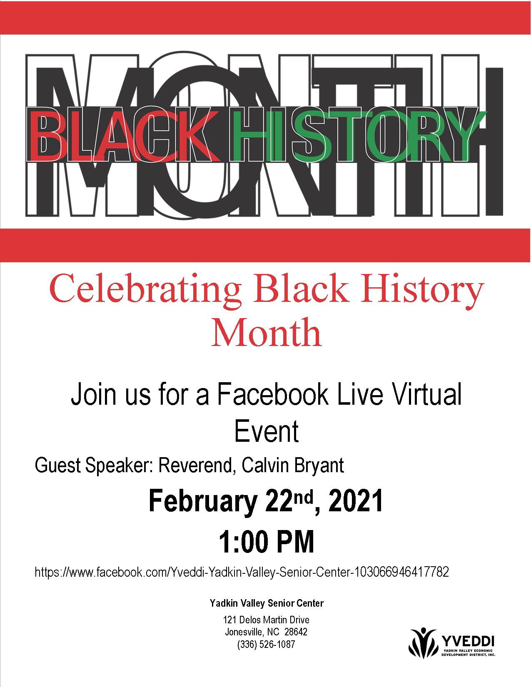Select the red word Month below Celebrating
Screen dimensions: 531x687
[x=266, y=333]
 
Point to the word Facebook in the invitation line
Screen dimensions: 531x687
[x=272, y=394]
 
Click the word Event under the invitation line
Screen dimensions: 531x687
[x=266, y=431]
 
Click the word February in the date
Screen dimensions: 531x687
[x=203, y=501]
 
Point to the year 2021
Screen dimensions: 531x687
[x=355, y=501]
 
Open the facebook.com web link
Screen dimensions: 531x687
[x=242, y=572]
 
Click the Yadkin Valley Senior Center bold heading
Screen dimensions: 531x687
[x=267, y=603]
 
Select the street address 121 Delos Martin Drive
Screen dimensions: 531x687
[x=266, y=620]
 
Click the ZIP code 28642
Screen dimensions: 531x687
[x=296, y=632]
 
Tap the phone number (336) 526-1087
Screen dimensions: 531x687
[x=266, y=644]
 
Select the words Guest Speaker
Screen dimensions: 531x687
[x=94, y=466]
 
